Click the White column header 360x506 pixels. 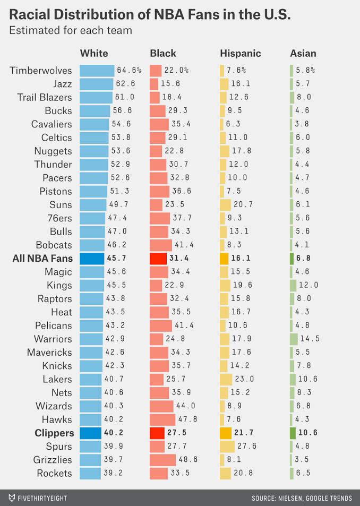click(x=94, y=53)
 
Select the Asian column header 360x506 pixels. click(x=303, y=53)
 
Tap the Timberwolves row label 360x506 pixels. click(x=40, y=70)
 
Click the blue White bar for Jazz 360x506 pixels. click(x=96, y=84)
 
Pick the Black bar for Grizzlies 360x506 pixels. click(x=162, y=460)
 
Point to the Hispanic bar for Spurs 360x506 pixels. click(x=227, y=446)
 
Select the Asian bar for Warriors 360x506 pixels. click(x=294, y=339)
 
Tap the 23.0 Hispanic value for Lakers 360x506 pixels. click(x=244, y=379)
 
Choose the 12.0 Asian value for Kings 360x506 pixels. click(x=308, y=285)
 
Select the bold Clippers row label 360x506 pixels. click(x=54, y=433)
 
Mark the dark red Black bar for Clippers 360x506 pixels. click(x=157, y=433)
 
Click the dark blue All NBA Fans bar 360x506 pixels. click(x=92, y=258)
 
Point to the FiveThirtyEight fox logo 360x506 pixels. click(x=11, y=498)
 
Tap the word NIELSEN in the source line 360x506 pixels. click(x=293, y=498)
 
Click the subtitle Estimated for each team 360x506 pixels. click(x=71, y=30)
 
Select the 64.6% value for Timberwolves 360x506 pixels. click(x=130, y=70)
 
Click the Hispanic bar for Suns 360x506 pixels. click(x=225, y=204)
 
